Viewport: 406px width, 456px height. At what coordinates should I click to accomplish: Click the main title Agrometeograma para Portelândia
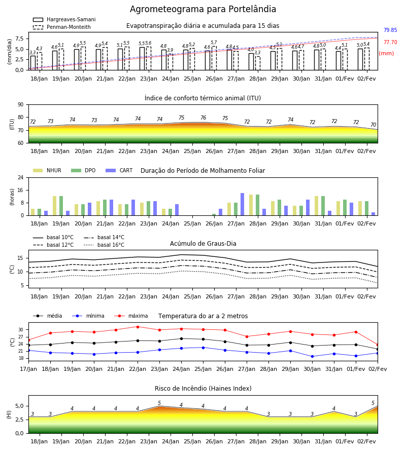(202, 9)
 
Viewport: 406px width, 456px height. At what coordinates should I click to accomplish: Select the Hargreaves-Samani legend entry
(64, 19)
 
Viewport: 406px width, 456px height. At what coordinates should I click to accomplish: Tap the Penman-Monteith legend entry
(62, 27)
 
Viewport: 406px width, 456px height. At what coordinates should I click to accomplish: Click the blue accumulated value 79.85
(390, 30)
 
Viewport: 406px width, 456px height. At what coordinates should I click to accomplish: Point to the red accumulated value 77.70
(390, 42)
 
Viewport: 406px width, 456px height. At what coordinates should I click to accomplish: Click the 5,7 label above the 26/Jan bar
(214, 43)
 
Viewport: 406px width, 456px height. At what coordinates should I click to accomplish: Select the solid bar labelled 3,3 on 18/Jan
(33, 63)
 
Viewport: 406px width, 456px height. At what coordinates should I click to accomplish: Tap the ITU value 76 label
(204, 118)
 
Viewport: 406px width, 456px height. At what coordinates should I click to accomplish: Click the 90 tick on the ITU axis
(21, 105)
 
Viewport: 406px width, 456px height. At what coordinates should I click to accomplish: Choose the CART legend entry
(119, 170)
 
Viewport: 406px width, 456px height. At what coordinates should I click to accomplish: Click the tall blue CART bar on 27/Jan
(242, 204)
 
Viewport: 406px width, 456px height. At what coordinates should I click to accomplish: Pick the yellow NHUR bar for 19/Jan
(54, 206)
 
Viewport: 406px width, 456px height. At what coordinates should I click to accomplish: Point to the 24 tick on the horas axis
(21, 177)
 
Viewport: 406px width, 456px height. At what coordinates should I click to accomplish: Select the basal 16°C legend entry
(104, 245)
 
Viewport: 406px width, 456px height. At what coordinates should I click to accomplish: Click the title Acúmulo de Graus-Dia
(203, 244)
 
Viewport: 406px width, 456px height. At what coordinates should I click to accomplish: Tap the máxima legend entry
(131, 316)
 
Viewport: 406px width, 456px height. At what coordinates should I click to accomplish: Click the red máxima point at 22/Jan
(138, 327)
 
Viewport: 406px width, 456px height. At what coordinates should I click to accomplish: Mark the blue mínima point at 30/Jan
(313, 357)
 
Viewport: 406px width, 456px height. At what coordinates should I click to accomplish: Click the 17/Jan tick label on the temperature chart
(28, 369)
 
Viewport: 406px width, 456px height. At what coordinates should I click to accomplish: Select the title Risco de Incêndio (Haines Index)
(203, 389)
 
